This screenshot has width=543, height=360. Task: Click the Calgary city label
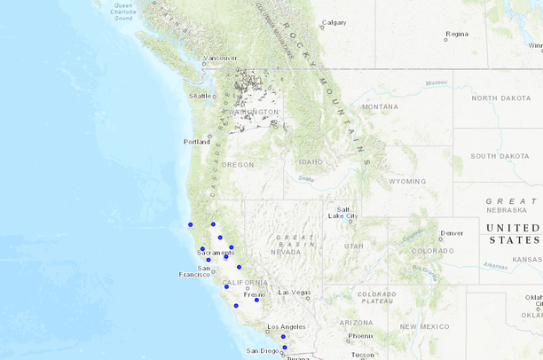point(334,22)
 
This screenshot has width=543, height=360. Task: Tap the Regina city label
point(457,35)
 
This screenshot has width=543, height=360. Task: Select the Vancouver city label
point(220,59)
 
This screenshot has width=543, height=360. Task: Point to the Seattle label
point(201,96)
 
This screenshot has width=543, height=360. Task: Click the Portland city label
point(196,142)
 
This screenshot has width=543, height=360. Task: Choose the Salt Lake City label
point(342,212)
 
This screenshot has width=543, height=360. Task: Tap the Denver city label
point(452,233)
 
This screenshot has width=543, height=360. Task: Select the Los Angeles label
point(286,326)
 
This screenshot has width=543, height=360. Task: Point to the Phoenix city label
point(360,336)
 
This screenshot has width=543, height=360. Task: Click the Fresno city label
point(255,293)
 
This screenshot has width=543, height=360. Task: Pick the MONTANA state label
point(380,106)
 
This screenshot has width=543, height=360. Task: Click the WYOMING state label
point(407,181)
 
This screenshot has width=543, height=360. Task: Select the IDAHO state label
point(311,162)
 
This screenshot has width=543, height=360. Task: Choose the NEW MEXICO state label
point(421,326)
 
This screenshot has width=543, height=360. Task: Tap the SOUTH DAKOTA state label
point(500,156)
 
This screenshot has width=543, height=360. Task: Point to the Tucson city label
point(362,355)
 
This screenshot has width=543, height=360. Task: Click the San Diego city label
point(263,351)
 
